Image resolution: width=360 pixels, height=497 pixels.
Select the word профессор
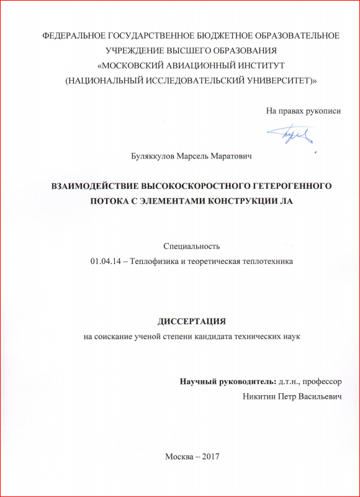(320, 380)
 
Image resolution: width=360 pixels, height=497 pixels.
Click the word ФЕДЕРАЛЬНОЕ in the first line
(71, 35)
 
